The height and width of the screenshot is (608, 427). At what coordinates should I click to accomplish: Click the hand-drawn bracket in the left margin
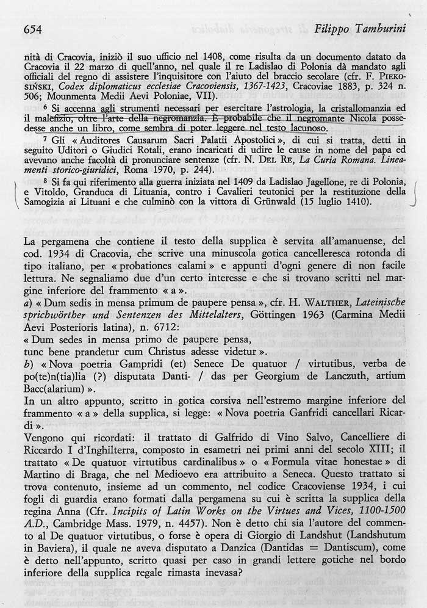pyautogui.click(x=16, y=194)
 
